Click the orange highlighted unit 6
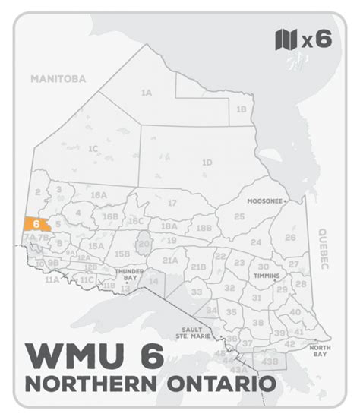pyautogui.click(x=36, y=225)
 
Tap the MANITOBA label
pyautogui.click(x=58, y=78)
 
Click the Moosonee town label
pyautogui.click(x=265, y=201)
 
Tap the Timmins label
pyautogui.click(x=267, y=276)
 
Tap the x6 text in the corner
pyautogui.click(x=317, y=39)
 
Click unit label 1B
pyautogui.click(x=241, y=109)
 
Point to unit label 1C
pyautogui.click(x=93, y=148)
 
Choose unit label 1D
pyautogui.click(x=206, y=163)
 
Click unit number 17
pyautogui.click(x=172, y=203)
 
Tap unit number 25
pyautogui.click(x=239, y=216)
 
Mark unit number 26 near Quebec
pyautogui.click(x=289, y=237)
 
